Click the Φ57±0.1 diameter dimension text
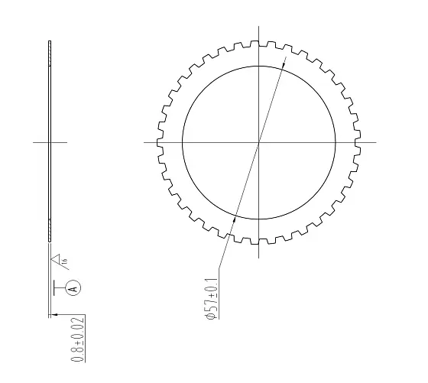(212, 298)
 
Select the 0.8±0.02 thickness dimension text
(77, 339)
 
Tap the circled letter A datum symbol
(73, 288)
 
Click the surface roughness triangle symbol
(56, 258)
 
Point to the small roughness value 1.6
(64, 261)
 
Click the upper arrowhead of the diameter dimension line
(284, 64)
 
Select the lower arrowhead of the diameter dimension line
(234, 218)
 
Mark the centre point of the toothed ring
(259, 142)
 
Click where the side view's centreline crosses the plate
(50, 142)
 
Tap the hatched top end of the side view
(50, 54)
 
